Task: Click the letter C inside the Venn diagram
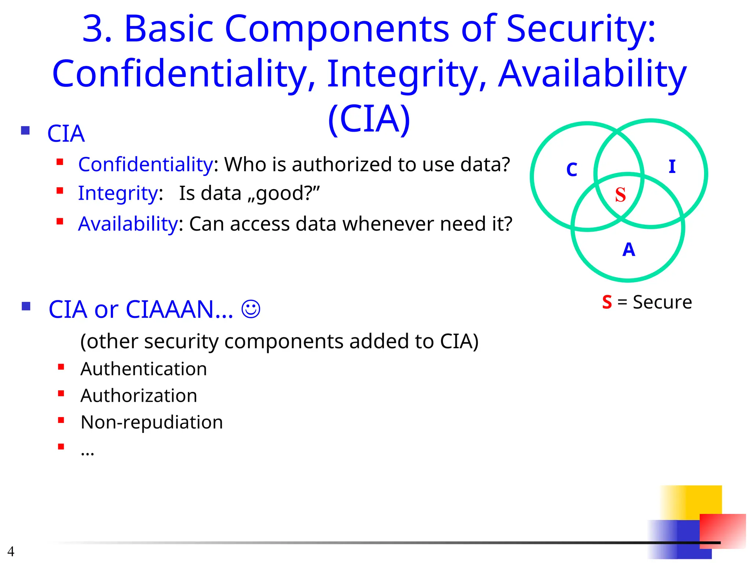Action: (x=572, y=170)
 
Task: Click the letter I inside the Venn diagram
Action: (x=672, y=167)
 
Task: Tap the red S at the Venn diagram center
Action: (x=620, y=195)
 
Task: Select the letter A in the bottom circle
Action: (x=629, y=250)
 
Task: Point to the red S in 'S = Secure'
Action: (x=607, y=302)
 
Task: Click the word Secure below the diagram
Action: (x=662, y=302)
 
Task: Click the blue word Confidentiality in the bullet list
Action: (x=146, y=165)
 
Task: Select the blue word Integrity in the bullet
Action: (x=118, y=194)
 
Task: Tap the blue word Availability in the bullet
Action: (x=128, y=224)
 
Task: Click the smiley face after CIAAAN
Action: (x=251, y=309)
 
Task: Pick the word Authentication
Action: (x=143, y=369)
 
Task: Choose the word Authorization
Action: (x=139, y=395)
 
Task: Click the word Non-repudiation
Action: (x=151, y=422)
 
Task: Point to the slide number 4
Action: (x=11, y=551)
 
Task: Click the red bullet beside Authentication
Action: (x=61, y=367)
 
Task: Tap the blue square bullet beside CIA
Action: (x=25, y=130)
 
